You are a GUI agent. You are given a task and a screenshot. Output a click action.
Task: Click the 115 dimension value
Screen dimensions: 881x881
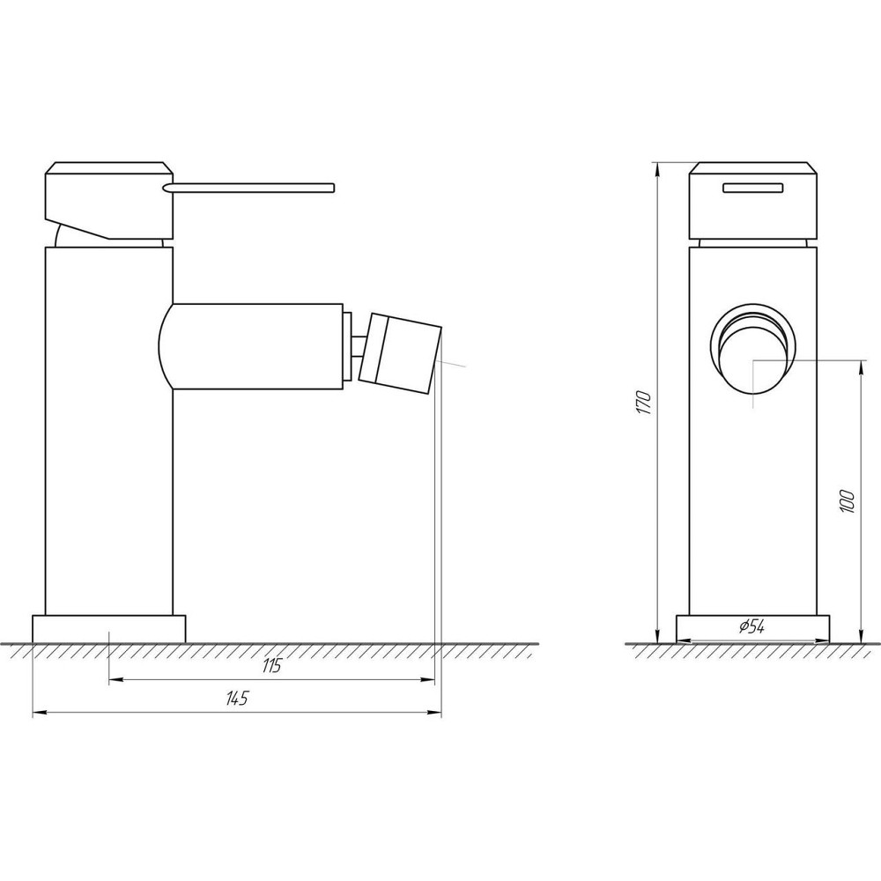(x=270, y=667)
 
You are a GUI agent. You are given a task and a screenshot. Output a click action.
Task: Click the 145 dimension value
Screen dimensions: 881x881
(x=237, y=700)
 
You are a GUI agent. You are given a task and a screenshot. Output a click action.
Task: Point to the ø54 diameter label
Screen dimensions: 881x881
(x=751, y=627)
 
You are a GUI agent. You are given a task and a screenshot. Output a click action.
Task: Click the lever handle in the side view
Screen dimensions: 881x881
(x=255, y=186)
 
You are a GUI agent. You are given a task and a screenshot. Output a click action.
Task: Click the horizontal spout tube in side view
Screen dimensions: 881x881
(x=255, y=346)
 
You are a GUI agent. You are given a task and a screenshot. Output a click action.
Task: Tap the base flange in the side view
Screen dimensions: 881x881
(x=109, y=628)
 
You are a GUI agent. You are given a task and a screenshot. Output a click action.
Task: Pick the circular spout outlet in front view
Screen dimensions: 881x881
(x=753, y=348)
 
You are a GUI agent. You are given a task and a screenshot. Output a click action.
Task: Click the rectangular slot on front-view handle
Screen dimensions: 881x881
(x=753, y=186)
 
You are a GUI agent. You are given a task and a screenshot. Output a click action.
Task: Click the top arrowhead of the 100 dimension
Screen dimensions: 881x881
(x=860, y=363)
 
